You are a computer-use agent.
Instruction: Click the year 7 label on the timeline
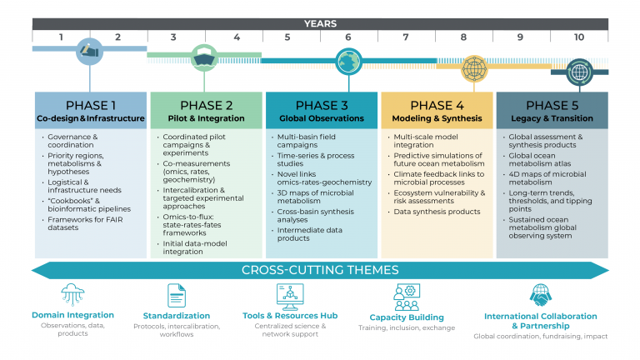406,37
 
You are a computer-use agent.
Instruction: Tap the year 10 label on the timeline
579,37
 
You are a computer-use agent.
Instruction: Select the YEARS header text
320,23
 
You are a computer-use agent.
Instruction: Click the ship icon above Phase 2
204,58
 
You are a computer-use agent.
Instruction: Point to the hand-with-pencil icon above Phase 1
89,52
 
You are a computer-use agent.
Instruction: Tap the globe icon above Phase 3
348,62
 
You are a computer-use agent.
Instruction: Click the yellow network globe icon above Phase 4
474,68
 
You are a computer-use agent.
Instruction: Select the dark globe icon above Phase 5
579,72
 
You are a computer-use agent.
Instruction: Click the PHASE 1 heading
91,105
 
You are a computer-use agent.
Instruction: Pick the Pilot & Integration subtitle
206,118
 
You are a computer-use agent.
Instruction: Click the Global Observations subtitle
322,118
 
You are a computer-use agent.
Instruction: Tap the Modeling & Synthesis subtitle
437,118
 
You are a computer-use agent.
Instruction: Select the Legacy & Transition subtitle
552,118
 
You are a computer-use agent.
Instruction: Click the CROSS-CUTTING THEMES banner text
320,270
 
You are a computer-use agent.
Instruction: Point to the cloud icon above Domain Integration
72,294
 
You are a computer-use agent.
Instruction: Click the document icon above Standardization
177,296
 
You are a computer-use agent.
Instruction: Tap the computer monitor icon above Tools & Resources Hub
290,297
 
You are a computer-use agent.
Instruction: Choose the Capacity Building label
407,317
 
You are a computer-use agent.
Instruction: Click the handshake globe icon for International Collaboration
540,295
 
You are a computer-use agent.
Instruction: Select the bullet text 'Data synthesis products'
437,212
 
